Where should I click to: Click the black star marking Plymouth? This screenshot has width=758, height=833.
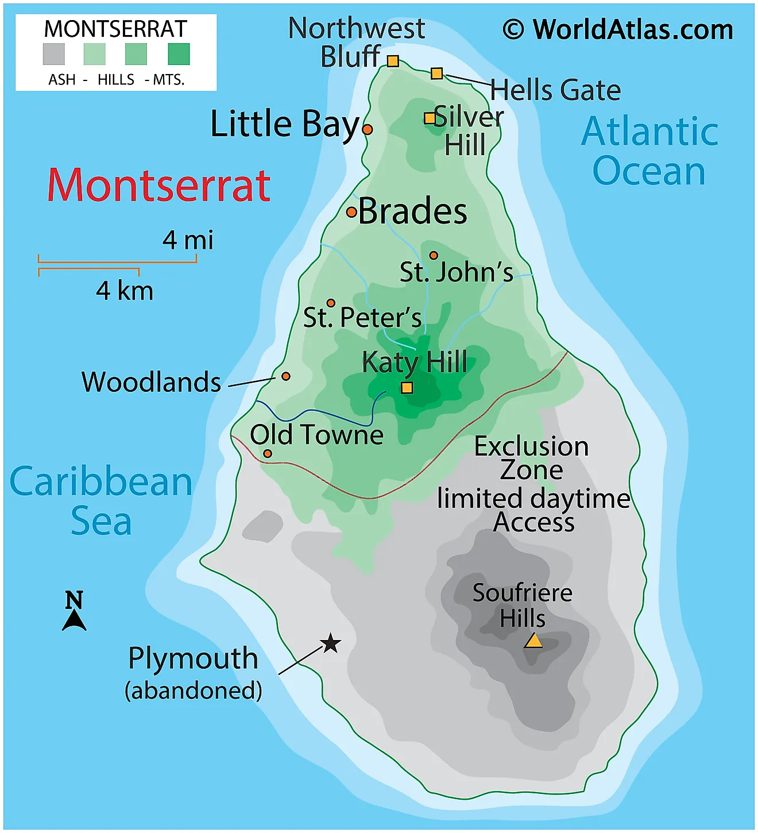(330, 643)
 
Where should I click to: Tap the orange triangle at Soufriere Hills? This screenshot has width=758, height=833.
(533, 641)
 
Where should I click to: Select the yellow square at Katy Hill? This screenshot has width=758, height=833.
(407, 388)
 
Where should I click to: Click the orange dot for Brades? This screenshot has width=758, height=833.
(351, 213)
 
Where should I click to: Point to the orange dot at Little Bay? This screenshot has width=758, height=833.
(368, 130)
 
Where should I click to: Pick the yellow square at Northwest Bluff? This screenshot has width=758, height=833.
(393, 61)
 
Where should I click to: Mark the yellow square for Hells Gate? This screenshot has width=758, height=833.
(436, 73)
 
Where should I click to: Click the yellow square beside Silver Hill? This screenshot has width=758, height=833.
(430, 118)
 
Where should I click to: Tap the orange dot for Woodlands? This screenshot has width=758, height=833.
(285, 376)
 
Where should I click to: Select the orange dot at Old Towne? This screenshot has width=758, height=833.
(268, 454)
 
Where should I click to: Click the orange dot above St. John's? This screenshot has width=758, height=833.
(434, 256)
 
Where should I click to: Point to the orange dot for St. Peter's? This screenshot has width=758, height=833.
(331, 303)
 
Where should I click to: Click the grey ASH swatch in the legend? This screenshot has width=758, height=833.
(54, 54)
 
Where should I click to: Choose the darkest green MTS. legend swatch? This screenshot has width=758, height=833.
(179, 54)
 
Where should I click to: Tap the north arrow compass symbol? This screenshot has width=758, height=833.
(74, 611)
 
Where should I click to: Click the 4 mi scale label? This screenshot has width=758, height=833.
(188, 240)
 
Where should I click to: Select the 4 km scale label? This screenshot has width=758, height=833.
(125, 291)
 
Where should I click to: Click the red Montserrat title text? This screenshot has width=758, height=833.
(158, 186)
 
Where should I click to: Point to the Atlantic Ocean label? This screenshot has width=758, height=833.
(649, 151)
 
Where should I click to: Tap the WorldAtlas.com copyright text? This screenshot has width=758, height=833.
(618, 30)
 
